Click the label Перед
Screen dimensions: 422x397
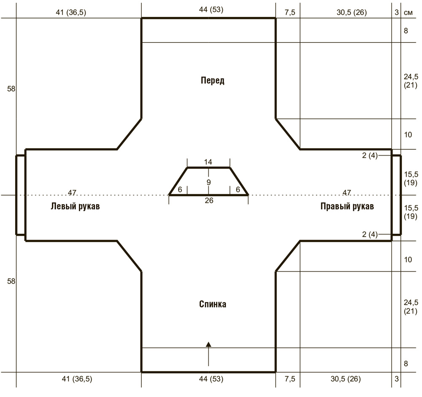[x=212, y=80]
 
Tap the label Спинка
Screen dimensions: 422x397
[x=212, y=304]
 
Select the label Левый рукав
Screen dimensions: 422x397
[x=76, y=206]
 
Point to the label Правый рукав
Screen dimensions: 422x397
[x=347, y=206]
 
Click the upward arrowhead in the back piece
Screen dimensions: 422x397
[x=208, y=344]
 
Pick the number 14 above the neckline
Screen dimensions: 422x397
[x=208, y=162]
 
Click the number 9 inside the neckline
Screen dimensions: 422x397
[x=208, y=183]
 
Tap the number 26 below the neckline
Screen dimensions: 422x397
[x=209, y=200]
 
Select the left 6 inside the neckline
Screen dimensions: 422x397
[x=180, y=190]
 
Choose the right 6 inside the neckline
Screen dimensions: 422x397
[x=238, y=190]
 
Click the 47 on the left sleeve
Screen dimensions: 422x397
[x=72, y=193]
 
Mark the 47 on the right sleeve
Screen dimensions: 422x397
[x=346, y=193]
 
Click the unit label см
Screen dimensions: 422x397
[x=408, y=13]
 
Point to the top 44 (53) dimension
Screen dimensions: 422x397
[x=211, y=10]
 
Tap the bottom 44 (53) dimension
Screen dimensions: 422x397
[x=211, y=379]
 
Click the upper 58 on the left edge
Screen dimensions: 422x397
[x=11, y=89]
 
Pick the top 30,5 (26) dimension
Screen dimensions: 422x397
[x=352, y=12]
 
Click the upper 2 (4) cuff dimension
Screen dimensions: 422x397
[x=370, y=156]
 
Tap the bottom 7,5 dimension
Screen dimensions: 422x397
[x=290, y=379]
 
